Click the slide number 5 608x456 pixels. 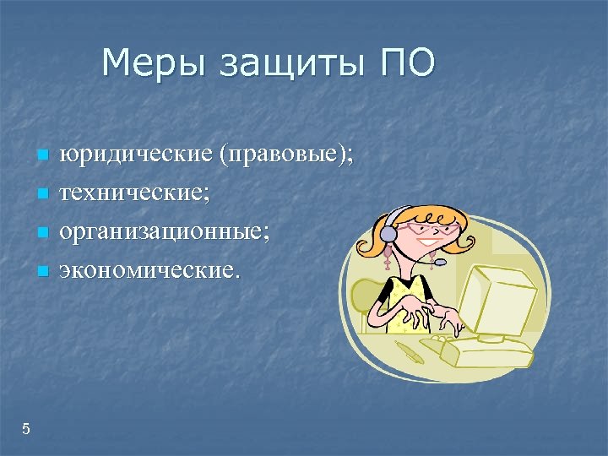coord(26,429)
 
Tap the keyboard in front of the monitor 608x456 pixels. coord(486,350)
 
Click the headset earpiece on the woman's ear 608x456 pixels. coord(387,233)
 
